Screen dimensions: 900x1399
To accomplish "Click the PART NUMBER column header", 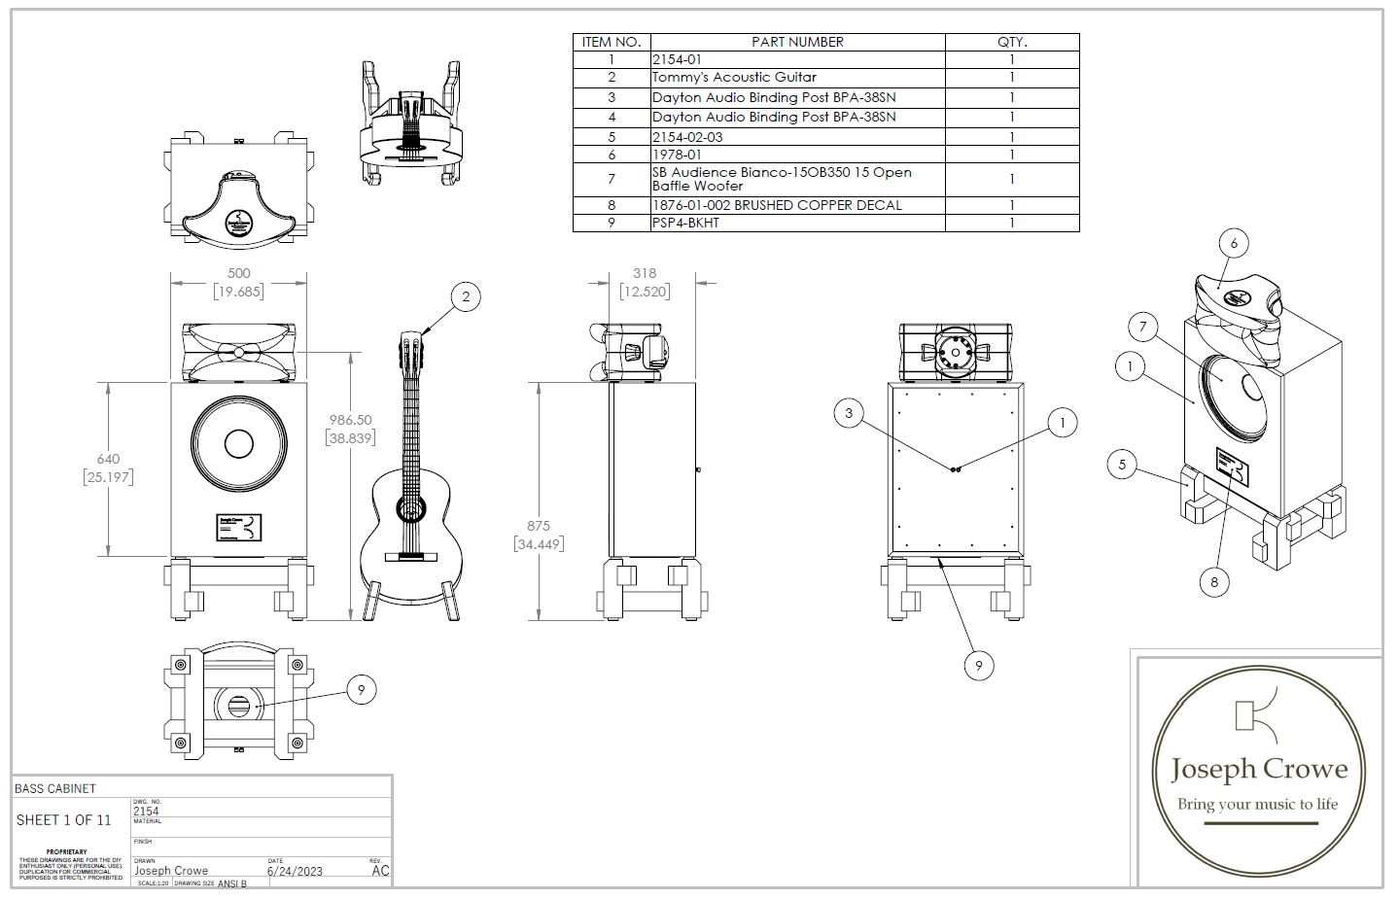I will [x=797, y=42].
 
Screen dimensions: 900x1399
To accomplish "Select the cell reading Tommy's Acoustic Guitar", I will [x=734, y=78].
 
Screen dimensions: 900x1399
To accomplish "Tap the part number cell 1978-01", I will [x=677, y=155].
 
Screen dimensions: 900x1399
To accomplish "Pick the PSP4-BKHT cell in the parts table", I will [x=686, y=223].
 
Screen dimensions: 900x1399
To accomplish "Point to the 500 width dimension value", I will [x=238, y=274].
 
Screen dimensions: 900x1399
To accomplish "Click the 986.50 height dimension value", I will [x=350, y=420].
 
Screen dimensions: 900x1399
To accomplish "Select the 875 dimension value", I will [x=539, y=526].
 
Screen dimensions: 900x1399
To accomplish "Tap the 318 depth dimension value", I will [x=645, y=274].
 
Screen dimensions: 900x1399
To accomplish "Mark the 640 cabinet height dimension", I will [x=108, y=459].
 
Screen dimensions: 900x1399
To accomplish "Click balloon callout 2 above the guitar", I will [x=466, y=296].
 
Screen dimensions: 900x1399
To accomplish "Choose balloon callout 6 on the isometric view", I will [x=1234, y=243].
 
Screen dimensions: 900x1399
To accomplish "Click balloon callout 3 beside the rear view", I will [x=849, y=413].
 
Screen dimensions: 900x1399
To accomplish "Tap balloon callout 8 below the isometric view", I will [x=1214, y=582].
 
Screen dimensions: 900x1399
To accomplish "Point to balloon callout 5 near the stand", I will [x=1122, y=465].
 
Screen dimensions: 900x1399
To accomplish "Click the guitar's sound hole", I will [x=411, y=507].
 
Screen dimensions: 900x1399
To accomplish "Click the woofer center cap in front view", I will [x=239, y=443].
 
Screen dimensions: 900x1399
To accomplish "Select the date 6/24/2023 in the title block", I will [x=295, y=871].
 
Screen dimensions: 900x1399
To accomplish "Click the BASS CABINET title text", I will [x=55, y=788].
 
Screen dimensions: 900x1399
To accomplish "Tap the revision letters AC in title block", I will [x=380, y=871].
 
